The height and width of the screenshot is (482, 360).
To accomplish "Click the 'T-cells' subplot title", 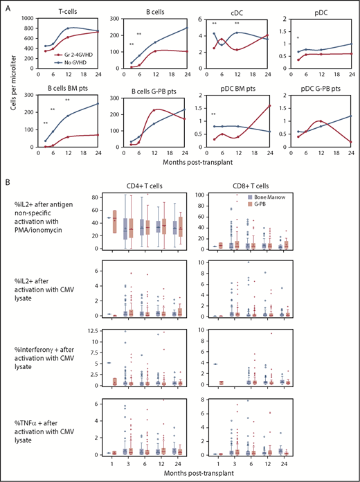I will click(67, 10).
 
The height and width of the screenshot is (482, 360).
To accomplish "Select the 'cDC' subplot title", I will click(237, 10).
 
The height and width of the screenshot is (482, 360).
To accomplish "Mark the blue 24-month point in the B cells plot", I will click(188, 28).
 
